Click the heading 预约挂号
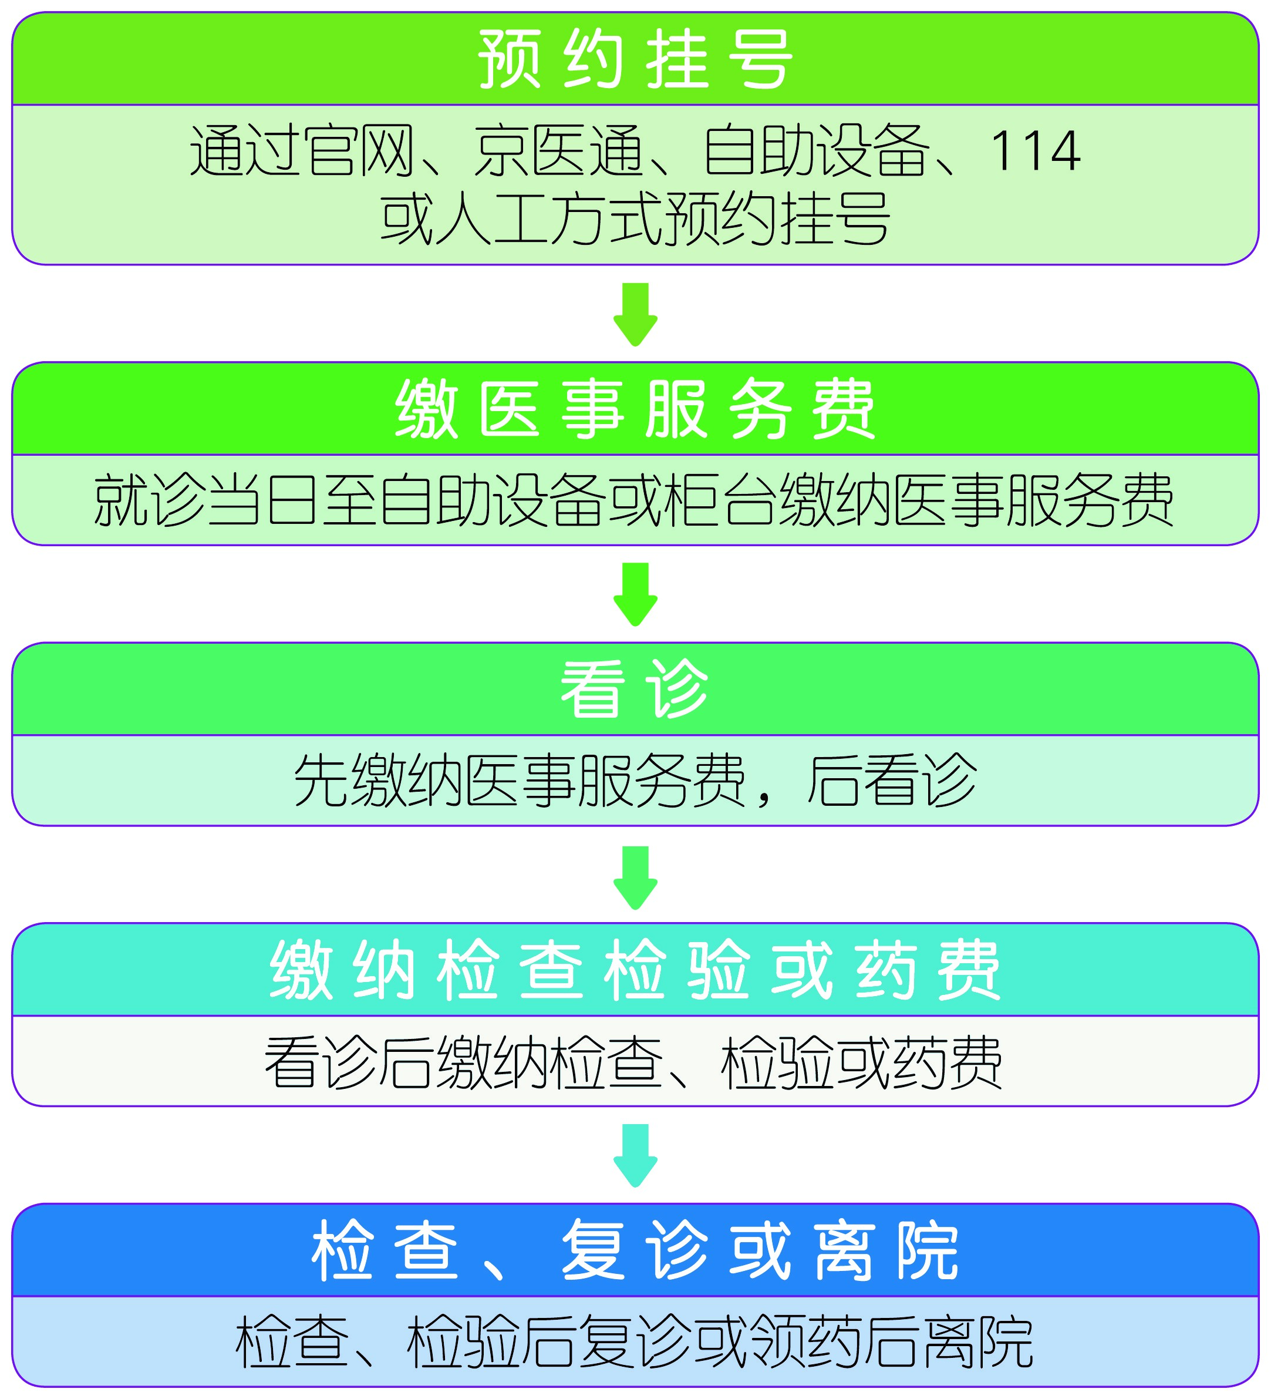[635, 60]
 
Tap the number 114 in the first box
[1035, 152]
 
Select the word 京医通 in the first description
[558, 152]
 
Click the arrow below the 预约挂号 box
[635, 314]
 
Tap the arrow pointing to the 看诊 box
[635, 594]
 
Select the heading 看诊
[635, 690]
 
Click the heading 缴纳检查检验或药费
[635, 970]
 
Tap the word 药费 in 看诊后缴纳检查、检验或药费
[948, 1062]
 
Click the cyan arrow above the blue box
[635, 1155]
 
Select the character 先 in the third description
[321, 781]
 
